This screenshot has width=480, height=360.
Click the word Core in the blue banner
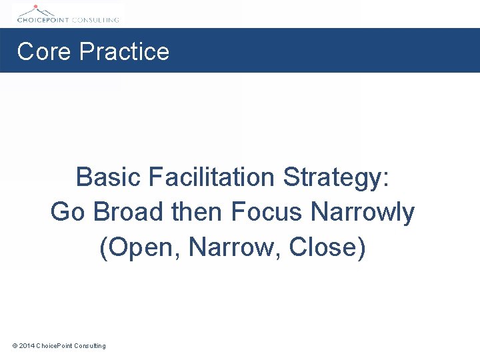point(43,51)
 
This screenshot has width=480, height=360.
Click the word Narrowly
point(363,213)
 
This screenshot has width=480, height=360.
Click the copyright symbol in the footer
point(15,345)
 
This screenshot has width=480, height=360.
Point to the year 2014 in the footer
point(27,345)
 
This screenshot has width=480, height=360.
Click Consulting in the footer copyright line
point(90,345)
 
